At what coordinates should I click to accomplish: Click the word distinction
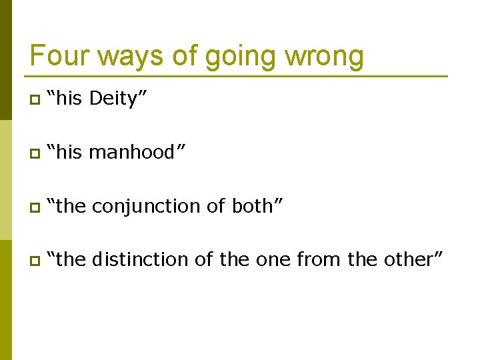(141, 259)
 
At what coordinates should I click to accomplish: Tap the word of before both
(216, 206)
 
